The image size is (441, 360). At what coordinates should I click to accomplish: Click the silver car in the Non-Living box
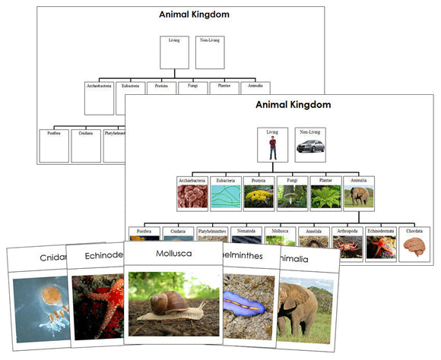(309, 152)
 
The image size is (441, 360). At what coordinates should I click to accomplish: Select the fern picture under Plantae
(325, 197)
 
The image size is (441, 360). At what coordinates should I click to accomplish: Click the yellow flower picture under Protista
(259, 197)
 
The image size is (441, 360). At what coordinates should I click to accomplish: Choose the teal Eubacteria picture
(225, 197)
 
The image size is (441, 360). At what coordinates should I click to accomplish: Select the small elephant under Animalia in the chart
(357, 197)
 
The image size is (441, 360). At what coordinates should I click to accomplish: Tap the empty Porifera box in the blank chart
(54, 146)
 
